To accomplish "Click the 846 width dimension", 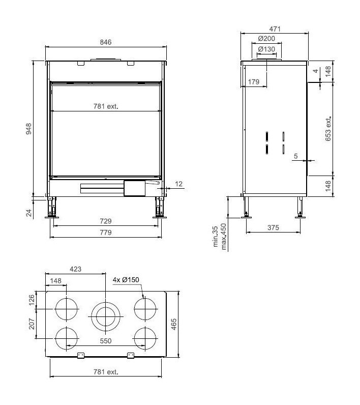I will tap(106, 42).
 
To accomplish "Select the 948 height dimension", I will tap(29, 130).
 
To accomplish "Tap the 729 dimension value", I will tap(106, 221).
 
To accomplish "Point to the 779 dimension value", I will tap(106, 233).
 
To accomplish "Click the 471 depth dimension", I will tap(275, 30).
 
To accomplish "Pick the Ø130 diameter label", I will tap(266, 49).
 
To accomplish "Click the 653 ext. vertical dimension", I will tap(328, 128).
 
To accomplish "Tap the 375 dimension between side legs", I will tap(273, 228).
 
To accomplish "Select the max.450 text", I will tap(222, 240).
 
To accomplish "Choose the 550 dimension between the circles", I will tap(106, 341).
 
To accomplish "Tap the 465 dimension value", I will tap(174, 324).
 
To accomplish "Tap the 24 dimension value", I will tap(29, 212).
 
